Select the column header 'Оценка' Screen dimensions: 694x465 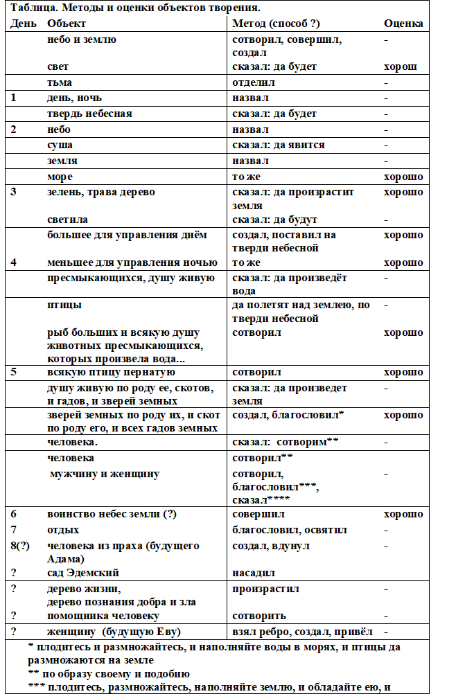[403, 24]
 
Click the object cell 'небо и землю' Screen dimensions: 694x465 [82, 39]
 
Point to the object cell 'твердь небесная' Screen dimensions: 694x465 [89, 114]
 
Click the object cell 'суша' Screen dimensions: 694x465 [60, 145]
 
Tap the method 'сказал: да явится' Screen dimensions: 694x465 [279, 145]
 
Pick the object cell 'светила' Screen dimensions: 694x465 [67, 220]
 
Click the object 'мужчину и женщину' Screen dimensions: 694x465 [105, 474]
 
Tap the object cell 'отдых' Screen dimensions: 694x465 [63, 530]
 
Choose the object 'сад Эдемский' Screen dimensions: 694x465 [83, 573]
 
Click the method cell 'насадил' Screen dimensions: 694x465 [254, 573]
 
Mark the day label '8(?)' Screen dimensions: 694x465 [20, 545]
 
